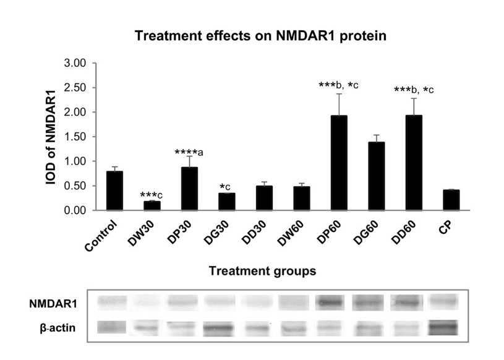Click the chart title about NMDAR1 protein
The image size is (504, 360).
point(260,36)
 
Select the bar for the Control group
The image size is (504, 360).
point(114,191)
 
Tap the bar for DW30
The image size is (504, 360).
point(152,205)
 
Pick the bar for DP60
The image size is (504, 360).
point(340,163)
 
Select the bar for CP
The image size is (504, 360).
point(451,200)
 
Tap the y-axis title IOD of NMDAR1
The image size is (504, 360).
point(53,137)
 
